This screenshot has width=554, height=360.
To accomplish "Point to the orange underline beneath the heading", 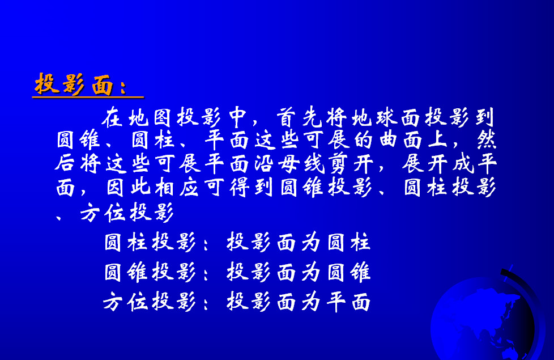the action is point(88,96).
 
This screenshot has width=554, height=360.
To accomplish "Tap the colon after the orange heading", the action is point(123,87).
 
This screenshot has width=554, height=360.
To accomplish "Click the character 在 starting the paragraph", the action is point(112,117).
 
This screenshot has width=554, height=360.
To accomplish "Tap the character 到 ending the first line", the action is point(485,117).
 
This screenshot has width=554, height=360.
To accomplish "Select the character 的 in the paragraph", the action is point(363,140).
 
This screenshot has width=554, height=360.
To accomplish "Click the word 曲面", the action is point(400,140).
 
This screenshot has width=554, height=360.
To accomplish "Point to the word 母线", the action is point(301,164).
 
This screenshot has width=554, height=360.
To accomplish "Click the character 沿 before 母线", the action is point(264,164).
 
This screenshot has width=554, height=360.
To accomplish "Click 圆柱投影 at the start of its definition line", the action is point(150,242).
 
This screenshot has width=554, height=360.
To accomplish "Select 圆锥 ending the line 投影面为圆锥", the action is point(349,272).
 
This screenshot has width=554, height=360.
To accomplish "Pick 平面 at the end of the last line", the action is point(348,302).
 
